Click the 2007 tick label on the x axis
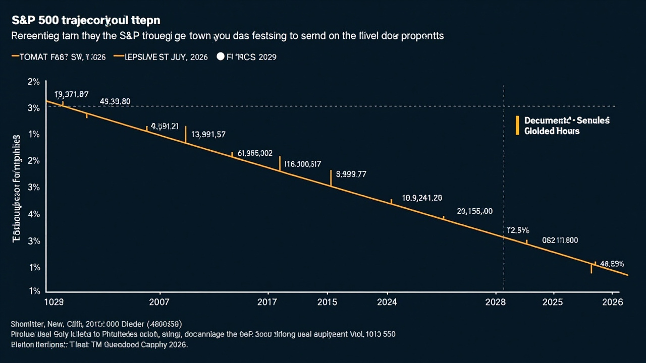(x=160, y=302)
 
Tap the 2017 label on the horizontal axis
(x=267, y=302)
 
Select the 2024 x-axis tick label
(x=387, y=302)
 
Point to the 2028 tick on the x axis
(x=495, y=302)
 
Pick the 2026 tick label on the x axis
(x=613, y=302)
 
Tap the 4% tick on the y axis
(x=34, y=214)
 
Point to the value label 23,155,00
(x=474, y=211)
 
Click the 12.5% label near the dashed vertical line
(x=517, y=230)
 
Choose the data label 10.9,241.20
(x=422, y=198)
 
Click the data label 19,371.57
(x=71, y=94)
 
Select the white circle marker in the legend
(x=220, y=57)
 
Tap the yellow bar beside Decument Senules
(x=517, y=126)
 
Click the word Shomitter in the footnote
(x=28, y=324)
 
